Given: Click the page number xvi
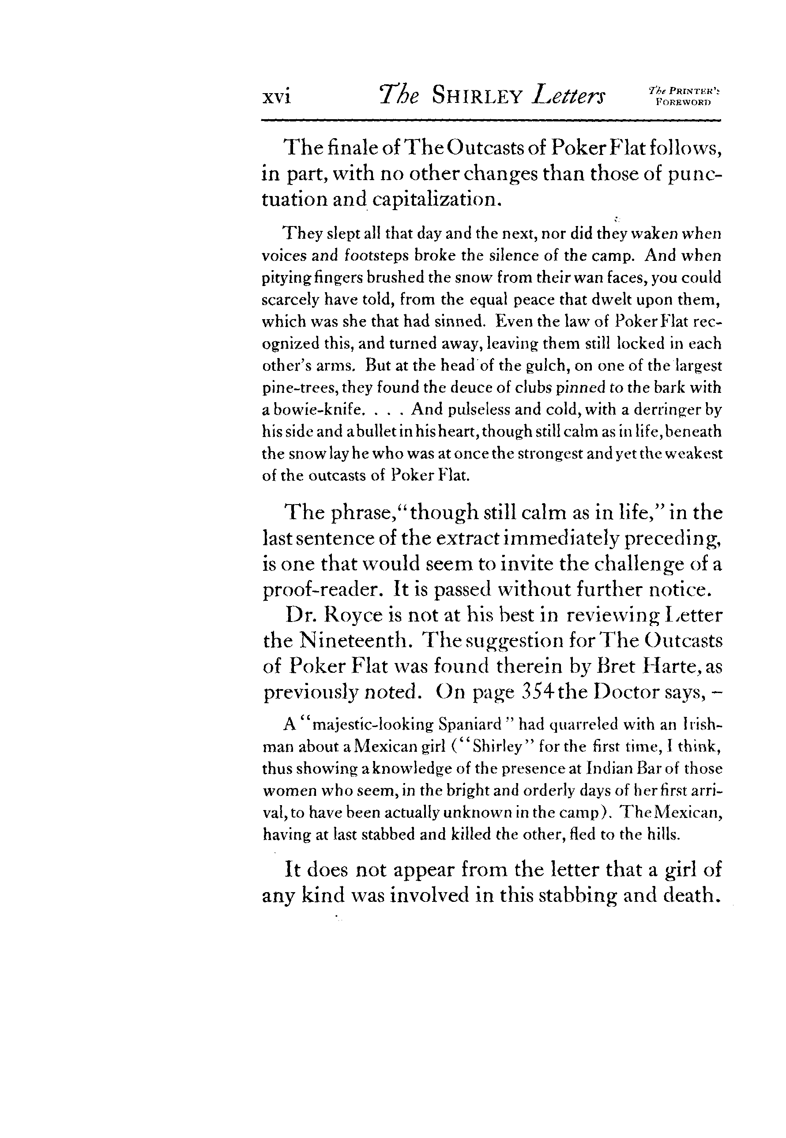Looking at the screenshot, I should [276, 97].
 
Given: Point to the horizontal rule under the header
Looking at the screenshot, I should [490, 120].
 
